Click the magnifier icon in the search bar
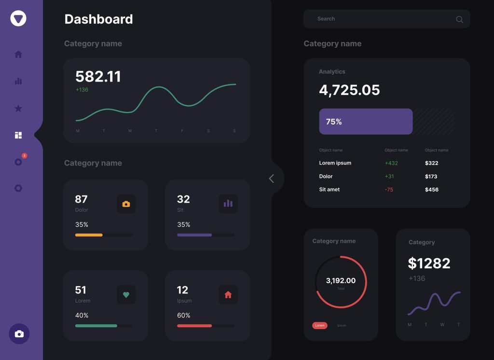coord(459,19)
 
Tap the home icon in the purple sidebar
coord(18,54)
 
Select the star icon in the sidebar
coord(18,108)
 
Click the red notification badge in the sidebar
coord(25,156)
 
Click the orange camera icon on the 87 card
coord(126,204)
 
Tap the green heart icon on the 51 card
coord(126,295)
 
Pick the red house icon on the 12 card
coord(228,295)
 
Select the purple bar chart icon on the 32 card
coord(228,204)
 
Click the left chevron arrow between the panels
coord(271,179)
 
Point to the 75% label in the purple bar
coord(334,122)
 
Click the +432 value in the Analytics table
coord(391,163)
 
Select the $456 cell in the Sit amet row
coord(432,190)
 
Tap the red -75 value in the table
coord(389,190)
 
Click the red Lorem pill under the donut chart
coord(320,326)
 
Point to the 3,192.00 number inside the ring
coord(341,280)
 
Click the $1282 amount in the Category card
coord(429,263)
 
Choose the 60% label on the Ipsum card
coord(184,315)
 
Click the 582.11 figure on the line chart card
coord(98,76)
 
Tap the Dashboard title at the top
coord(98,19)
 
